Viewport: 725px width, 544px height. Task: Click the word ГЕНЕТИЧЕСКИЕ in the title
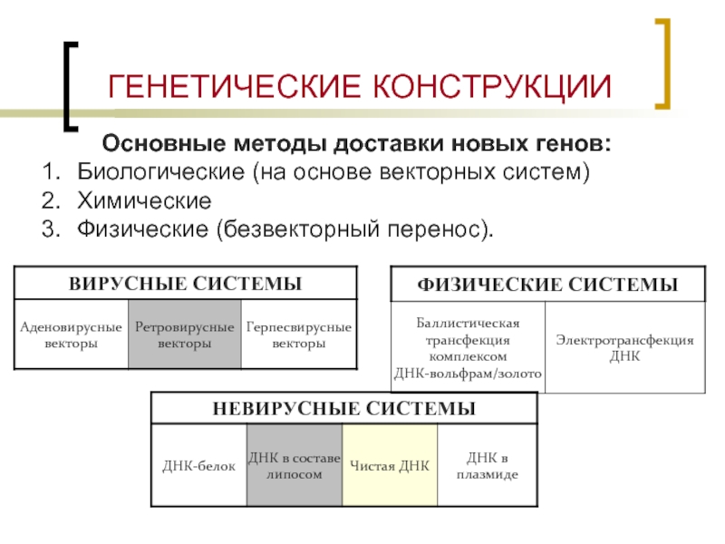pyautogui.click(x=234, y=86)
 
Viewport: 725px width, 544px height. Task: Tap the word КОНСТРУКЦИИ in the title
pyautogui.click(x=492, y=87)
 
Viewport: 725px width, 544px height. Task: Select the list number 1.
pyautogui.click(x=51, y=171)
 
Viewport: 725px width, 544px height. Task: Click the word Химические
pyautogui.click(x=144, y=200)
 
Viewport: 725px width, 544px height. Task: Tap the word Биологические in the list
pyautogui.click(x=160, y=172)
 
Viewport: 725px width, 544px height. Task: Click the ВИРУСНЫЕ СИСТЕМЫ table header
pyautogui.click(x=186, y=283)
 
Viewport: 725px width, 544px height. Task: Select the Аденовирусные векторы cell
pyautogui.click(x=72, y=334)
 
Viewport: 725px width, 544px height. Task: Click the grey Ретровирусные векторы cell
pyautogui.click(x=185, y=334)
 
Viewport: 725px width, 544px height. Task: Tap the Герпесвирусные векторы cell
pyautogui.click(x=299, y=334)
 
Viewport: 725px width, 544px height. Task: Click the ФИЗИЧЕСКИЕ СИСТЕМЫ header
pyautogui.click(x=548, y=284)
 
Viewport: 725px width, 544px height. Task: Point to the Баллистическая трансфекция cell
pyautogui.click(x=468, y=347)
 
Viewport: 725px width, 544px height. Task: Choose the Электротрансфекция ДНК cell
pyautogui.click(x=625, y=347)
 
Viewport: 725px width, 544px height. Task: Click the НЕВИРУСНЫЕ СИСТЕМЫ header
pyautogui.click(x=344, y=408)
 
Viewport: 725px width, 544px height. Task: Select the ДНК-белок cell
pyautogui.click(x=198, y=465)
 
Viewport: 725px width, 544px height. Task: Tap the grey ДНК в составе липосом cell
pyautogui.click(x=295, y=465)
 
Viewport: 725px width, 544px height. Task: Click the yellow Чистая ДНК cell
pyautogui.click(x=390, y=465)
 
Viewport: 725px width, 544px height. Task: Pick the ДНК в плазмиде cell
pyautogui.click(x=488, y=465)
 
